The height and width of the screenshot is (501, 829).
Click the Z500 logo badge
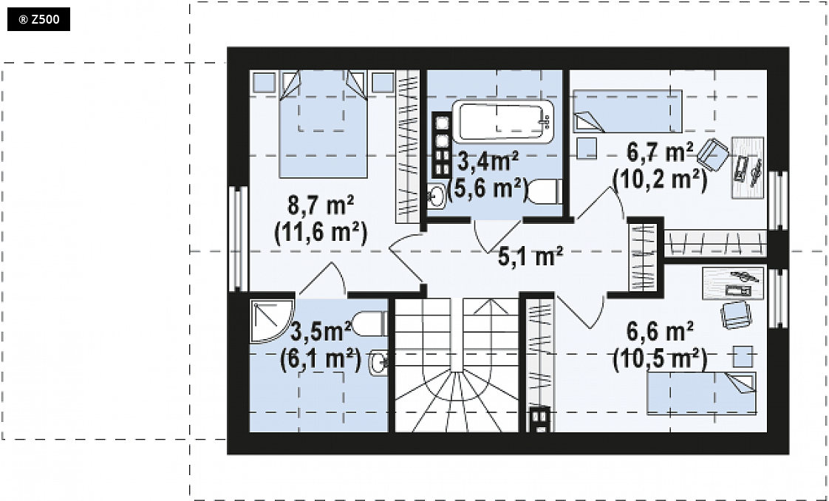(x=38, y=19)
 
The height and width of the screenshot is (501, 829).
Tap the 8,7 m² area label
(x=321, y=205)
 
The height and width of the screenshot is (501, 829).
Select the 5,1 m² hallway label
(x=531, y=257)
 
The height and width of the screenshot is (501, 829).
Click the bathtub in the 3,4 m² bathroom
(x=502, y=121)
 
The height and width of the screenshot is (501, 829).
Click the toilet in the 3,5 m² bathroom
(x=369, y=323)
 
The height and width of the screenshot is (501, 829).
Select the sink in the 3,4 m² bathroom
(x=436, y=196)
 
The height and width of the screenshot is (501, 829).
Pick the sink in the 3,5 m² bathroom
(x=378, y=363)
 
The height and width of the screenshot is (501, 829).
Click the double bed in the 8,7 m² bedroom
(x=323, y=124)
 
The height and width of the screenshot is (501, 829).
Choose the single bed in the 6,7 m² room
(x=627, y=111)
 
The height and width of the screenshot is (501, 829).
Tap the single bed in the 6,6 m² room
(x=702, y=393)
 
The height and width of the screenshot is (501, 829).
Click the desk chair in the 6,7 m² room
(x=713, y=154)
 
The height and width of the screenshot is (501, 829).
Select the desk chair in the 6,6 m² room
(x=736, y=315)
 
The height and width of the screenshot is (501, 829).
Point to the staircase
(x=457, y=364)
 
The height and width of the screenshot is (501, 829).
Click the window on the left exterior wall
(x=239, y=239)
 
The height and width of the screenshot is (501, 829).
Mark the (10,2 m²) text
(x=660, y=180)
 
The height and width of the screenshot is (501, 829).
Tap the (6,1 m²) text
(x=321, y=359)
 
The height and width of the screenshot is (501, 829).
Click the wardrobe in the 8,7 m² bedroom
(x=407, y=146)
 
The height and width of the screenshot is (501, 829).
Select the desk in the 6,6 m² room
(x=733, y=283)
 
